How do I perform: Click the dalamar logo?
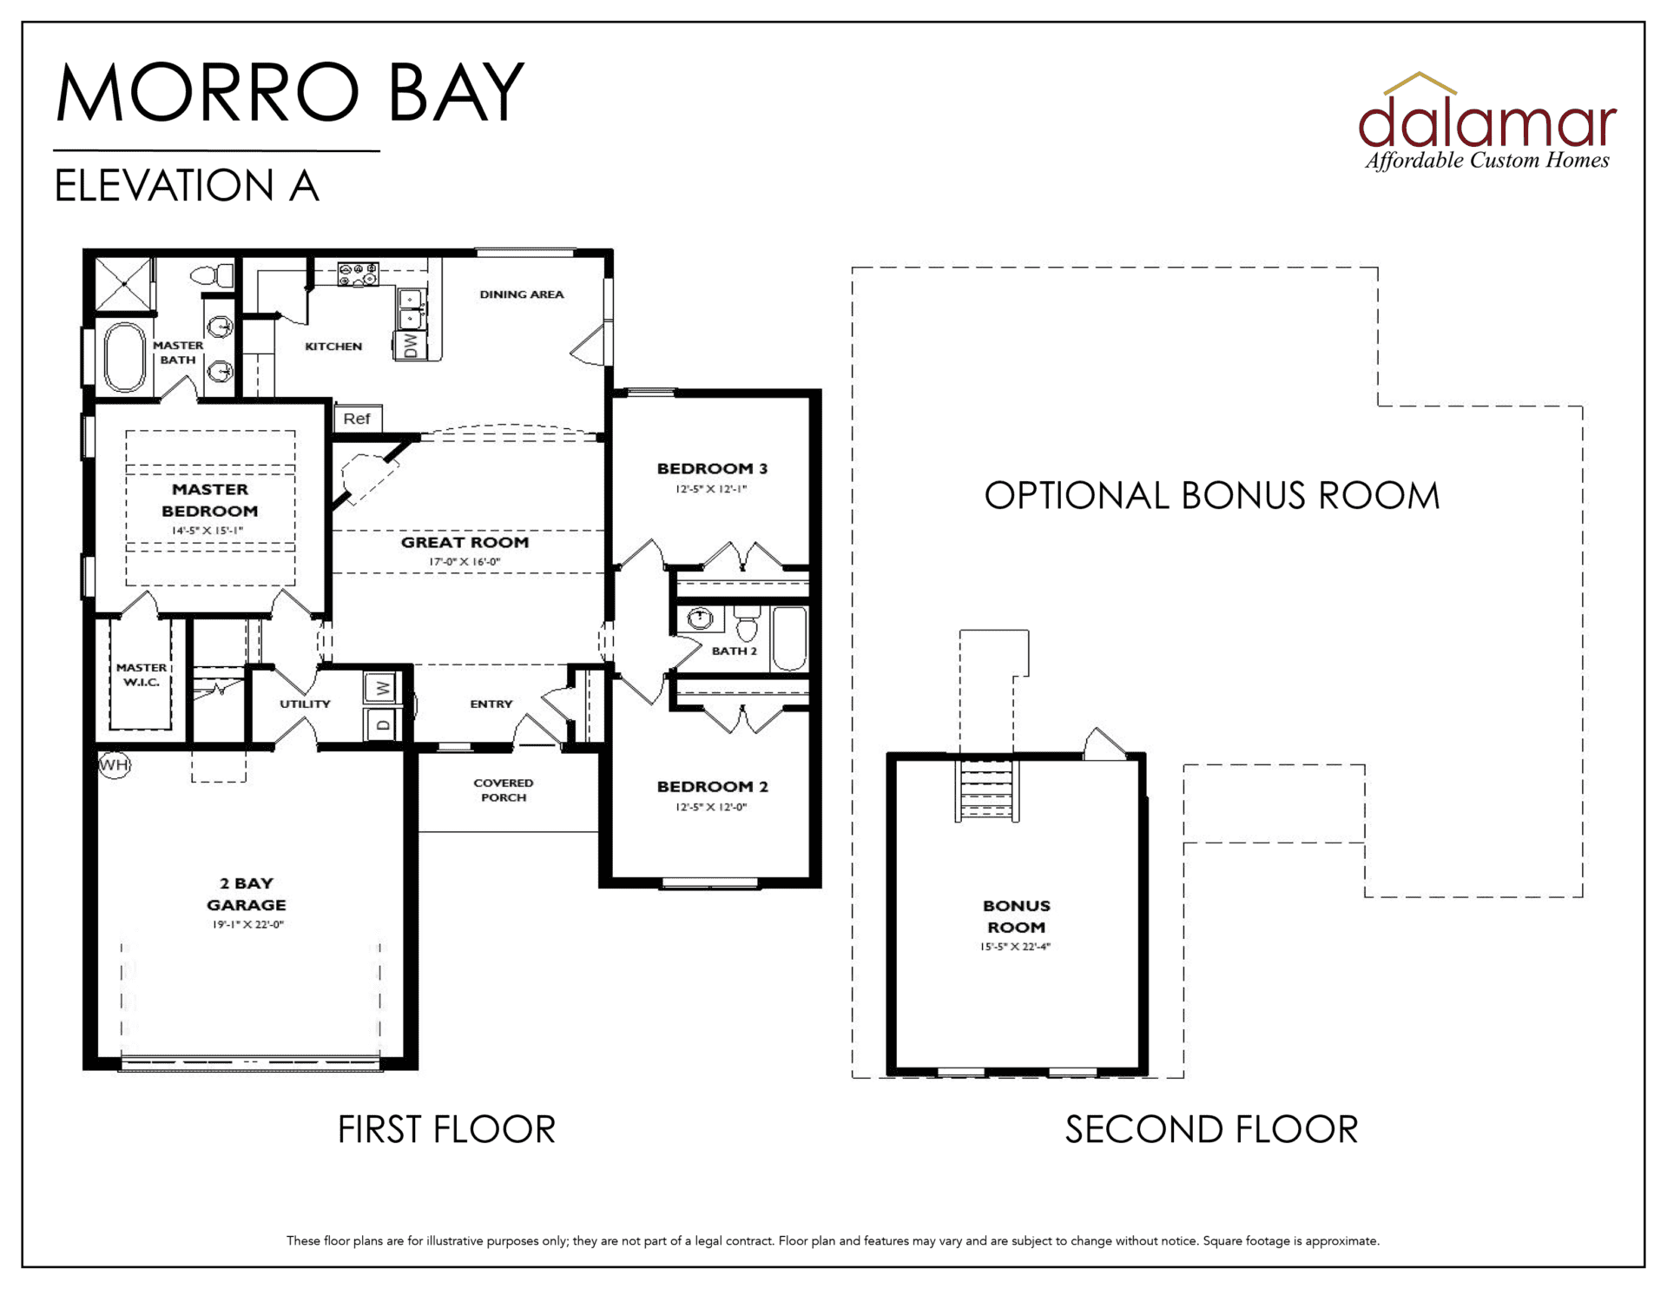pos(1487,122)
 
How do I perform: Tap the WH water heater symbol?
pos(114,765)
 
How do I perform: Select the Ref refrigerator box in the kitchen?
pos(357,419)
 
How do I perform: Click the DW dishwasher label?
pos(411,346)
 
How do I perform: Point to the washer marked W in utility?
pos(382,689)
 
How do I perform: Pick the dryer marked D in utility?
pos(382,724)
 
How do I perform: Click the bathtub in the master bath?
pos(125,357)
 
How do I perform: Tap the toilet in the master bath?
pos(212,276)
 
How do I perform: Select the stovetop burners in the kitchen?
pos(358,274)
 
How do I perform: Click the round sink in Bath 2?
pos(700,618)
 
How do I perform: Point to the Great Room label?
pos(465,542)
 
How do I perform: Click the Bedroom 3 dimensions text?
pos(711,489)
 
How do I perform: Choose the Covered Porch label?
pos(504,790)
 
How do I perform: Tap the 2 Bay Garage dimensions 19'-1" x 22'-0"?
pos(248,924)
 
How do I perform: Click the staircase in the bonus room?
pos(987,790)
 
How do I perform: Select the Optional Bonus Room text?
pos(1212,496)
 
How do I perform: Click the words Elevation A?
pos(187,185)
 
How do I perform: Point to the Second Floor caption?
pos(1211,1129)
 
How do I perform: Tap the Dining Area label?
pos(522,294)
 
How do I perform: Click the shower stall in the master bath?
pos(124,283)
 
